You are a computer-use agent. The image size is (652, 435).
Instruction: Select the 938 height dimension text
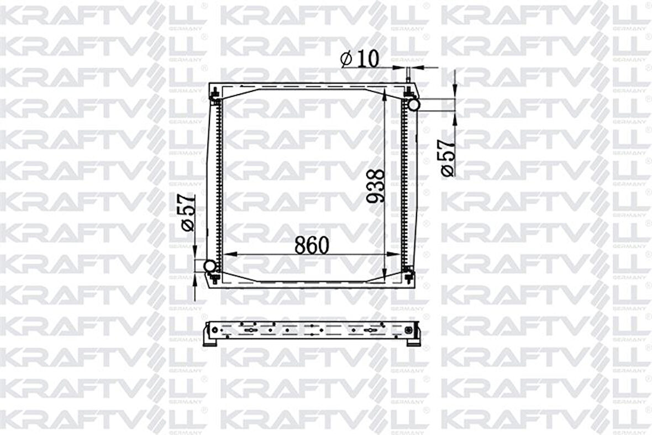tap(376, 186)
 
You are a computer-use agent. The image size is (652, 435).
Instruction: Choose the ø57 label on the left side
tap(187, 211)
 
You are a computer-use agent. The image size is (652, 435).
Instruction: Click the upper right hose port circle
tap(413, 103)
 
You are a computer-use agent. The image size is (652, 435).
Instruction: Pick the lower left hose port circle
tap(211, 267)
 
